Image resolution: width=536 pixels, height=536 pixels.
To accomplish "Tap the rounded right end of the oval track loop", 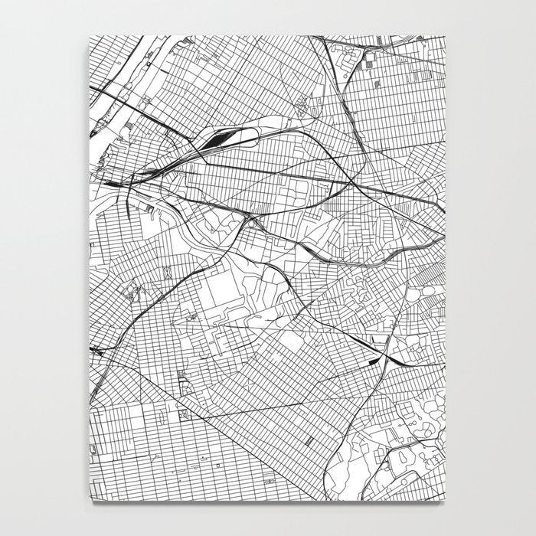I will (256, 136).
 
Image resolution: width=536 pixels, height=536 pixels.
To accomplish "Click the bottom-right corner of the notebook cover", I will (446, 502).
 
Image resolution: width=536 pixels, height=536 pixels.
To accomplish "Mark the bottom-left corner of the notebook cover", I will (90, 502).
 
